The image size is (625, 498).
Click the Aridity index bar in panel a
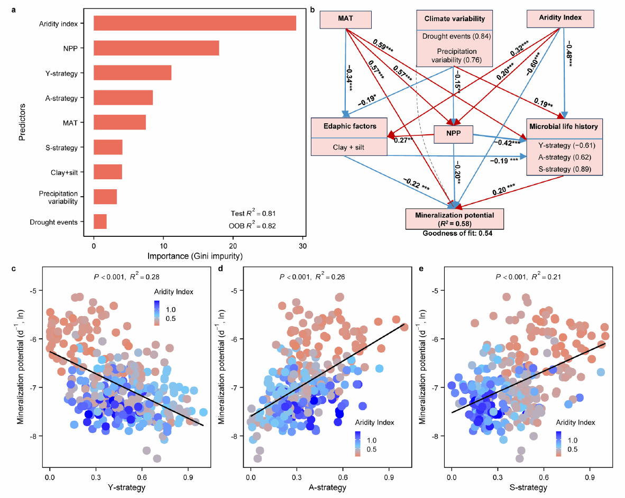[195, 23]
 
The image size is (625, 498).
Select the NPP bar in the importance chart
[157, 48]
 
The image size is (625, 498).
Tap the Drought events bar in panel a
[100, 222]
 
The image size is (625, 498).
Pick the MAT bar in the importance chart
[120, 122]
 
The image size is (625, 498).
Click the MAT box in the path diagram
[346, 20]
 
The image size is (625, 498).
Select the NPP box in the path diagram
[454, 134]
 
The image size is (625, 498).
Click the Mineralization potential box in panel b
[454, 219]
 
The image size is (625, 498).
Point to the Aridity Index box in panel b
[560, 19]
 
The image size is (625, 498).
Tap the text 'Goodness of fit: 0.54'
[457, 234]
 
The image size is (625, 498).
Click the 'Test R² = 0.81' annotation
[253, 213]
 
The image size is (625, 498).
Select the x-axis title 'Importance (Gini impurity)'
[195, 256]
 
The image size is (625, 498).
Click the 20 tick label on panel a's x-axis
[233, 246]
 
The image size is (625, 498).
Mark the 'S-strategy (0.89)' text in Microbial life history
[564, 169]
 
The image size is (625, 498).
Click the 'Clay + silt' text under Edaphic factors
[349, 147]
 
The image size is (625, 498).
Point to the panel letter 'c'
[14, 269]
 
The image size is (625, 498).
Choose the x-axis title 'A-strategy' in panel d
[327, 487]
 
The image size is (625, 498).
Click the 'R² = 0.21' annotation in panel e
[546, 276]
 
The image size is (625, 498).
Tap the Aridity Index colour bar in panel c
[157, 313]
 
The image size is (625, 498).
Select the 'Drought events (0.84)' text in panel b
[457, 36]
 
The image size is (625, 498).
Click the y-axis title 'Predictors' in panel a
[22, 122]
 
